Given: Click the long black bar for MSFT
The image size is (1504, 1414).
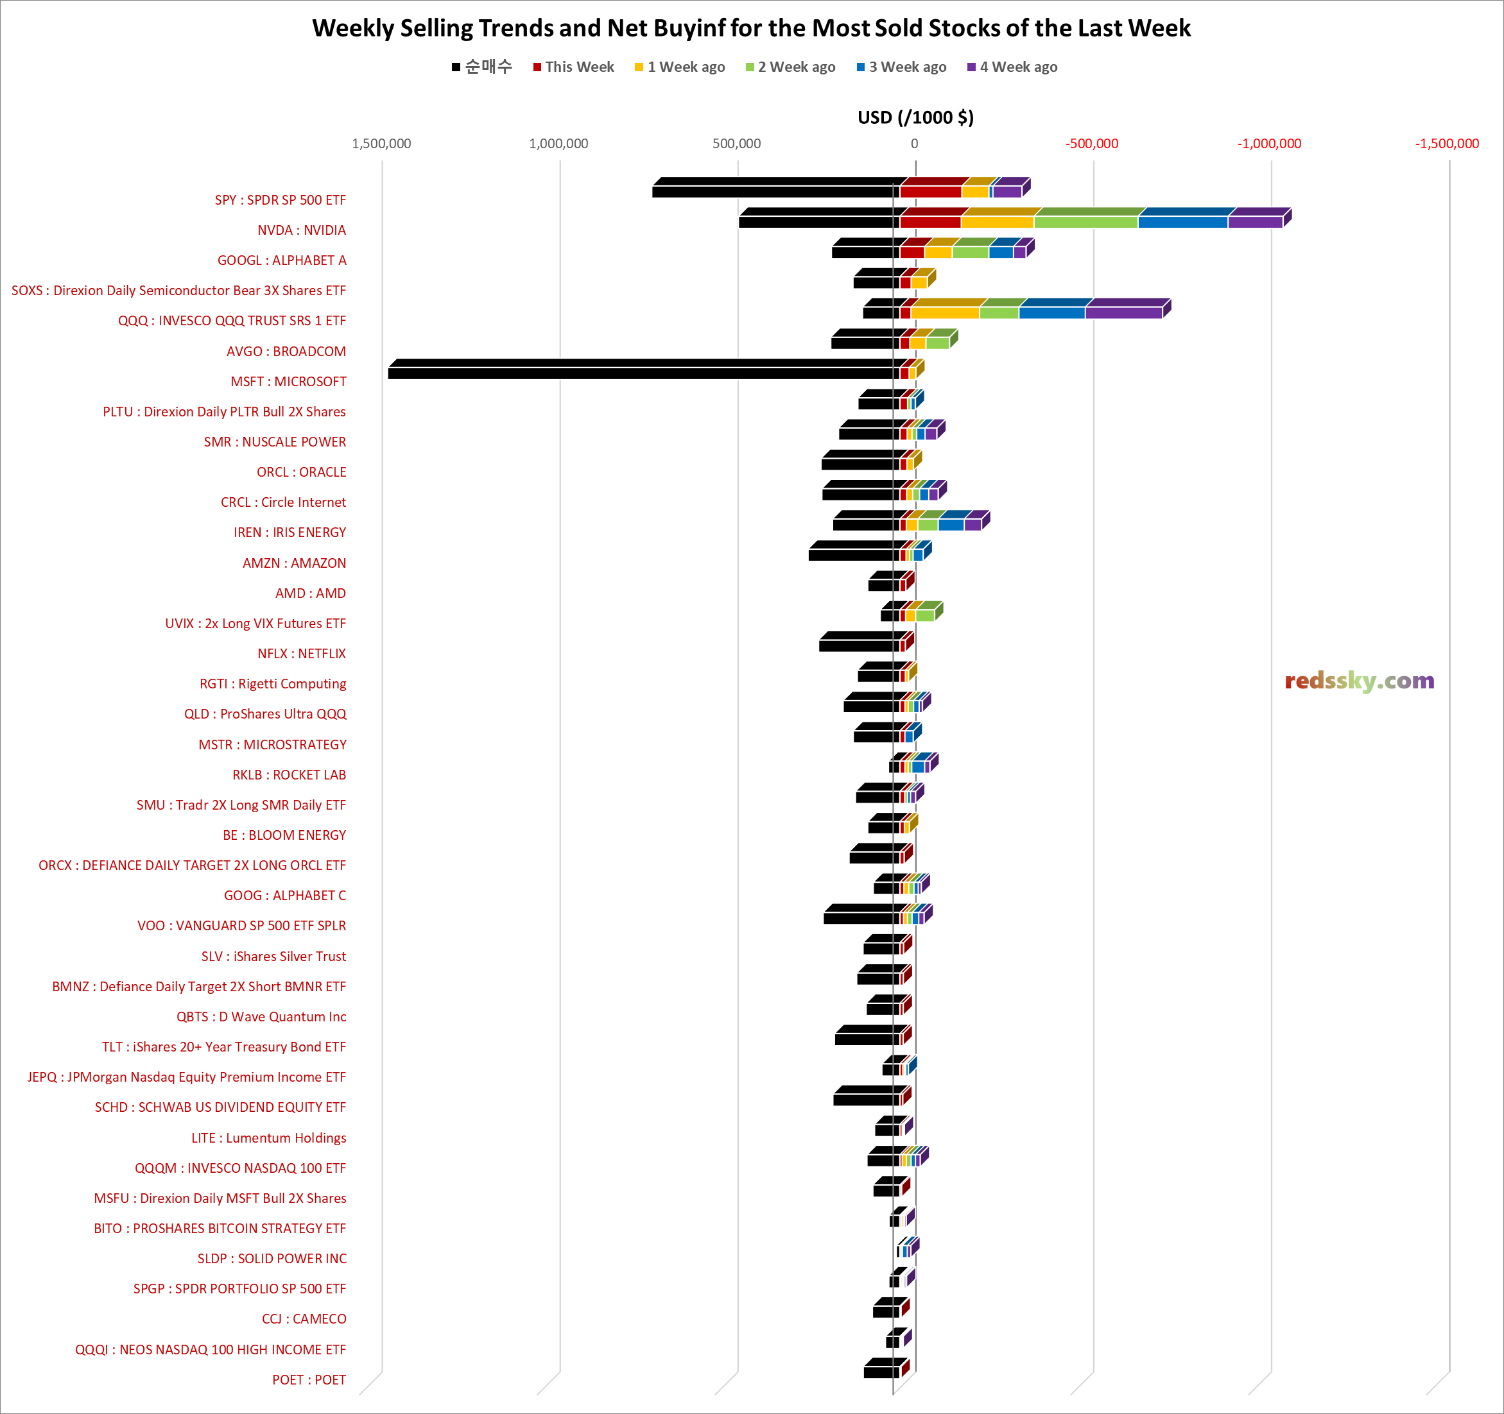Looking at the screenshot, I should pos(643,373).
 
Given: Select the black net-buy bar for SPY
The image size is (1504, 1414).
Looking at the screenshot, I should pos(775,191).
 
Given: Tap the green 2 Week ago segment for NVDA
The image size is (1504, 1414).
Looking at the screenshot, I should pos(1085,221).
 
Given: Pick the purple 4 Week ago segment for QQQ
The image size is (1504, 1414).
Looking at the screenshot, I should pos(1123,312).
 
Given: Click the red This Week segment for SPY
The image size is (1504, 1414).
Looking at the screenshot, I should pos(931,191).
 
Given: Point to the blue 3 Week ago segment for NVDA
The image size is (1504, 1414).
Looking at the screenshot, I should pos(1182,221).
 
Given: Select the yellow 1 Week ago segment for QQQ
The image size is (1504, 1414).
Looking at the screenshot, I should pos(945,312).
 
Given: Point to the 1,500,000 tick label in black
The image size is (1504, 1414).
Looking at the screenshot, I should pos(381,144).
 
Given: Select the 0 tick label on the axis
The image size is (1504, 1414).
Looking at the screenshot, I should pos(914,144).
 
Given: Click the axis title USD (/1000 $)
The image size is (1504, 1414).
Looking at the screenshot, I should pos(915,117).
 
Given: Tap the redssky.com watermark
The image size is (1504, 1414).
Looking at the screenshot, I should pos(1359,681).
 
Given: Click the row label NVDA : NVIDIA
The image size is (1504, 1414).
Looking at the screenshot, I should pos(301,230).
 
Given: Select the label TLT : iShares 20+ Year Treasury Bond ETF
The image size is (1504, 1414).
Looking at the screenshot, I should pos(224,1046).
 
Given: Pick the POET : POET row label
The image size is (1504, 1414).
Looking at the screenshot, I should pos(309,1379).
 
